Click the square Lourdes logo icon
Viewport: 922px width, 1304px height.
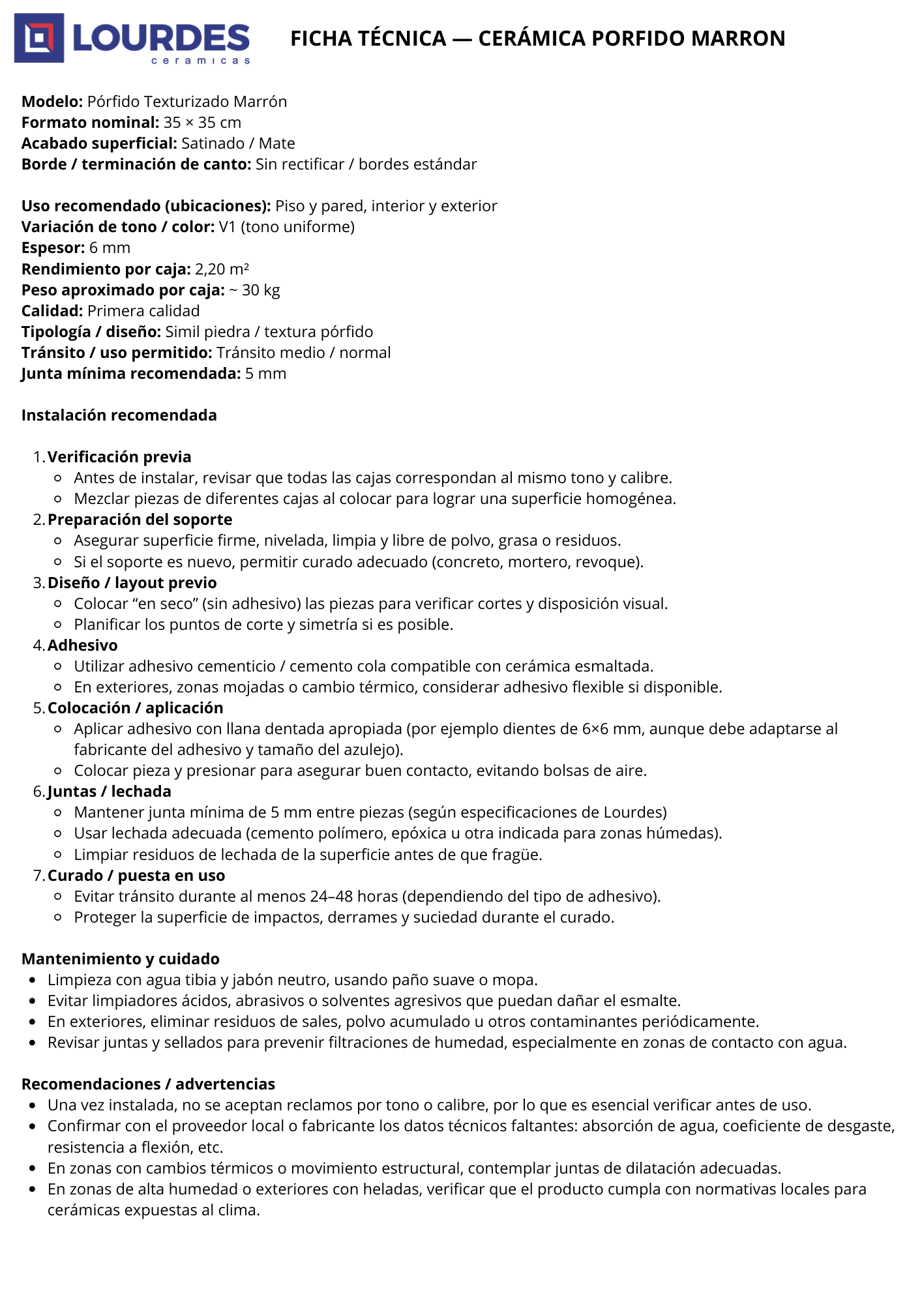[39, 38]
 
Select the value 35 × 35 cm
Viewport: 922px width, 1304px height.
[202, 123]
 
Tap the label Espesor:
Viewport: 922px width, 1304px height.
[53, 248]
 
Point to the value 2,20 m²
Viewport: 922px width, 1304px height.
[222, 269]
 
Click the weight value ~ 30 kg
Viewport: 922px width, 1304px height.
[254, 290]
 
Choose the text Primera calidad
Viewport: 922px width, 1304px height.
[143, 311]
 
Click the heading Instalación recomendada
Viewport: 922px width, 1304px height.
[119, 415]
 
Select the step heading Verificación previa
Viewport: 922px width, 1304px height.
[119, 457]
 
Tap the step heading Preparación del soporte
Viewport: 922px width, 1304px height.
[140, 520]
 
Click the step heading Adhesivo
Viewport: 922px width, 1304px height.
[83, 645]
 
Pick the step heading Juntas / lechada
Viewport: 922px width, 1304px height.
[110, 792]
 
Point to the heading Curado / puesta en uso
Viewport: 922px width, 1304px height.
[136, 876]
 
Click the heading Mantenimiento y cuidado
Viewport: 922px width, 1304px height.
[120, 959]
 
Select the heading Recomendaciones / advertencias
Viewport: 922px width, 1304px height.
[148, 1084]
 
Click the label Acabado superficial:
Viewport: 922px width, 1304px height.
[99, 143]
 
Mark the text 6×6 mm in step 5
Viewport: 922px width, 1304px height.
[611, 729]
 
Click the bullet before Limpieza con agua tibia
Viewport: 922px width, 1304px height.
[33, 980]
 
